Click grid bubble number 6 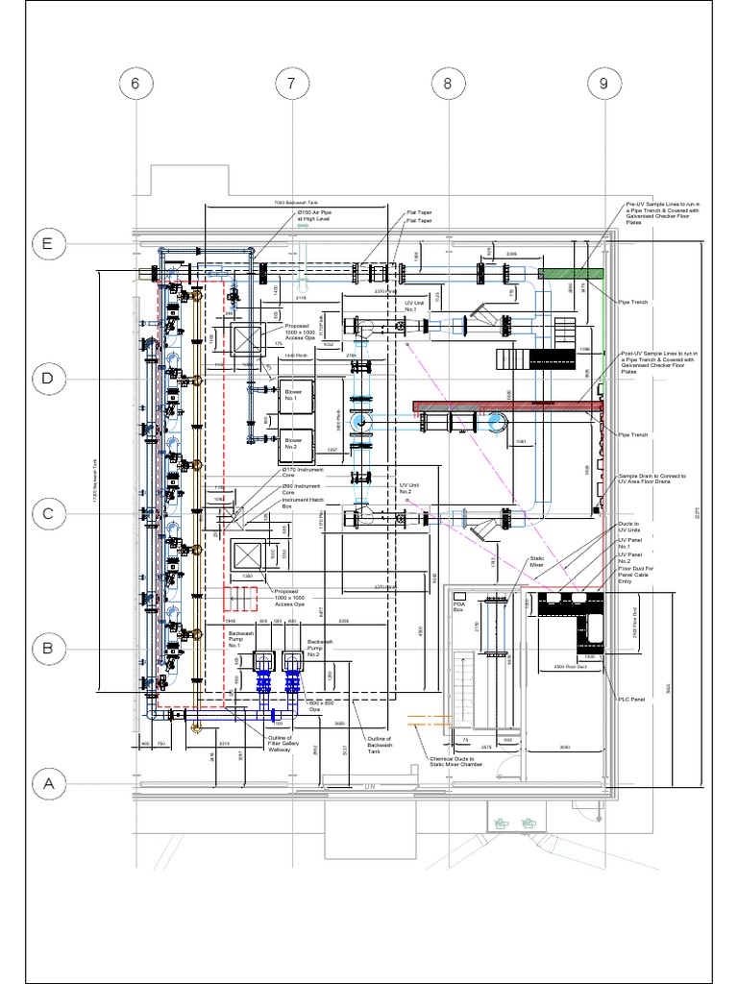click(x=135, y=85)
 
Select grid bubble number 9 click(x=603, y=85)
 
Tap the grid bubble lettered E click(x=47, y=245)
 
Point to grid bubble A click(x=47, y=783)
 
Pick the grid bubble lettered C click(x=47, y=514)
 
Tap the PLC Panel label click(x=628, y=699)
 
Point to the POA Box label click(x=459, y=607)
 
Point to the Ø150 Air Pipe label click(x=312, y=216)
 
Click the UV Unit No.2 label click(x=412, y=489)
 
